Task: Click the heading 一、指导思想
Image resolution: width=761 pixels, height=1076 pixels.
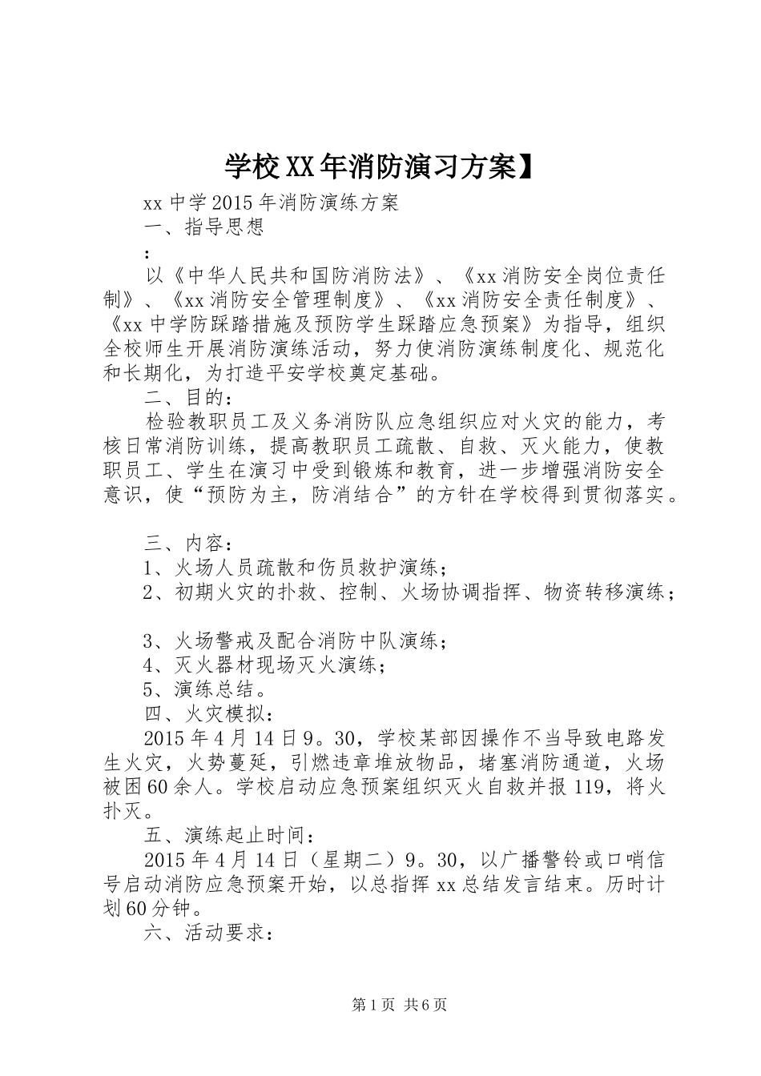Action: point(204,227)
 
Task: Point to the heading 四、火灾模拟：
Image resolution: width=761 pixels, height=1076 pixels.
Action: point(212,713)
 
